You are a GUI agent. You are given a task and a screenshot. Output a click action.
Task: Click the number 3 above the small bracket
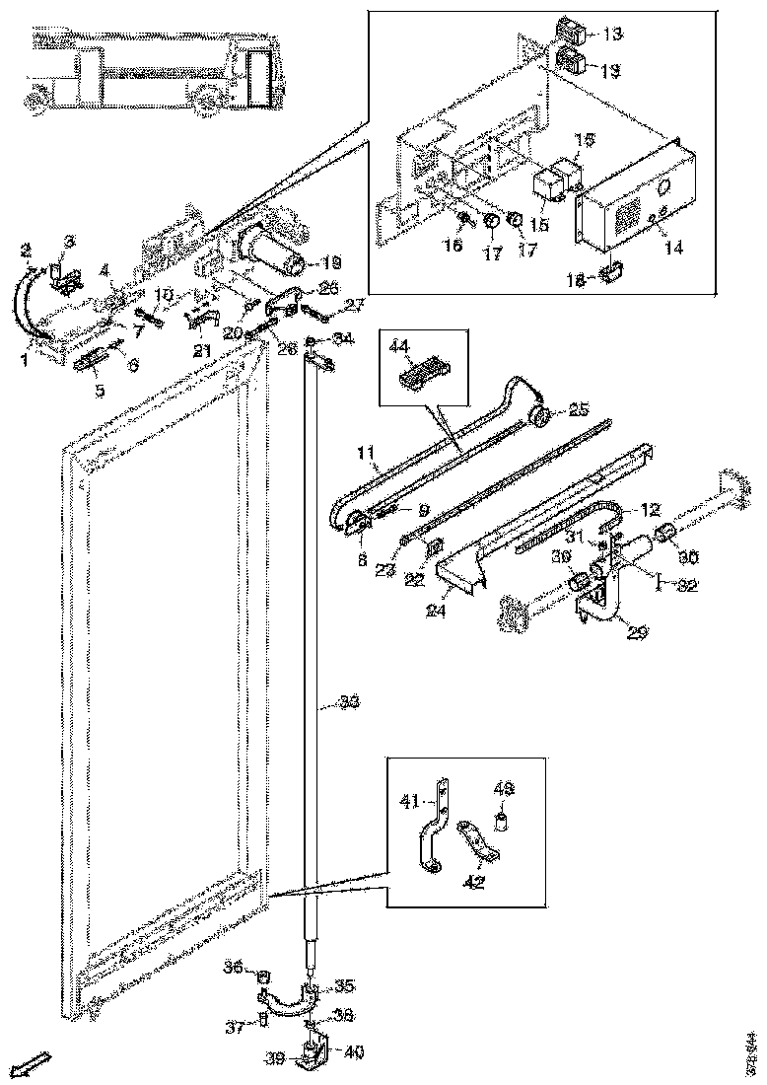coord(69,242)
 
